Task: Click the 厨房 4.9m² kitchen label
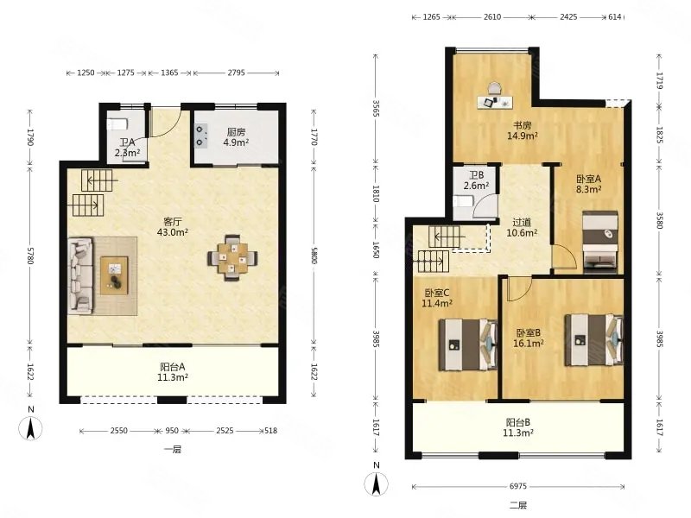point(236,137)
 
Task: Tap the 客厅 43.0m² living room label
point(173,226)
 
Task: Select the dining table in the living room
point(232,257)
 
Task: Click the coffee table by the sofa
point(114,275)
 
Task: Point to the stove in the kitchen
point(201,136)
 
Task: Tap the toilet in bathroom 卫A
point(117,124)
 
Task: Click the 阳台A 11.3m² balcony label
point(172,372)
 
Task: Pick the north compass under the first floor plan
point(30,424)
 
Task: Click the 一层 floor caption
point(172,450)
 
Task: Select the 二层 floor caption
point(517,505)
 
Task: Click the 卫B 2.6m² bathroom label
point(476,180)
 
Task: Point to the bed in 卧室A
point(600,240)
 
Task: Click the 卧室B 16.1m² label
point(529,338)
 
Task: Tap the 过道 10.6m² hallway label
point(522,228)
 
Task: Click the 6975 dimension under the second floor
point(517,486)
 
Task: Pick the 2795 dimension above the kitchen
point(236,73)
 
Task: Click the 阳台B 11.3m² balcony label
point(518,427)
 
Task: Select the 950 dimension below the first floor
point(172,430)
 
